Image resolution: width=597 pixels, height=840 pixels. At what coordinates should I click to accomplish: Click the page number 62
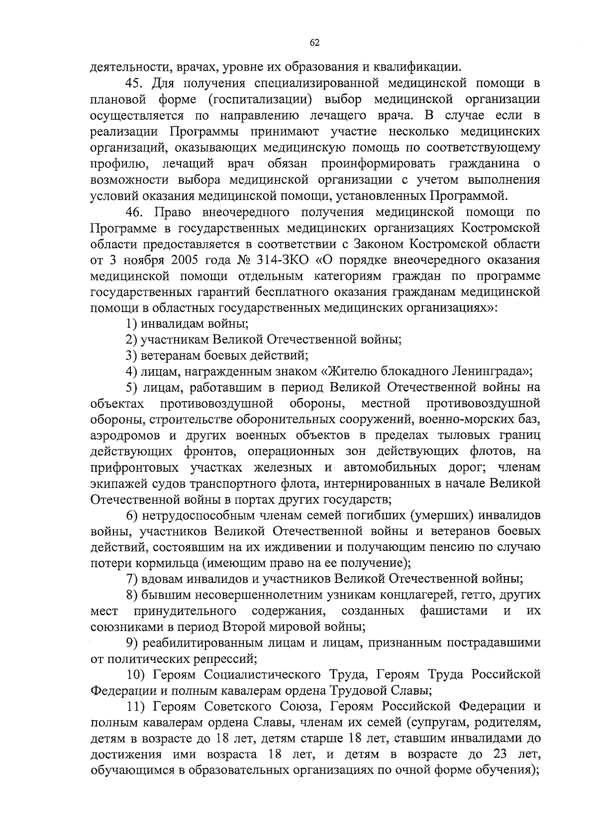(314, 43)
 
